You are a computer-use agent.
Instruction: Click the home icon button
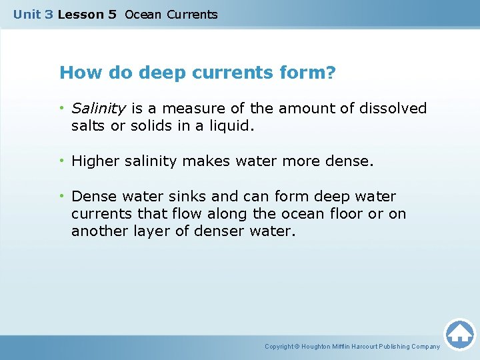point(459,333)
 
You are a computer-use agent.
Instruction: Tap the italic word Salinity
point(99,108)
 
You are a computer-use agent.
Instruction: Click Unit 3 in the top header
point(33,14)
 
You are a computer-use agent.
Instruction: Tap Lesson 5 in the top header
point(87,14)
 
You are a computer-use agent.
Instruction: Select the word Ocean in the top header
point(143,14)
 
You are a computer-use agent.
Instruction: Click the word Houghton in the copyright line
point(317,347)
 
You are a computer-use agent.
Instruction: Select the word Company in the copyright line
point(425,347)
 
